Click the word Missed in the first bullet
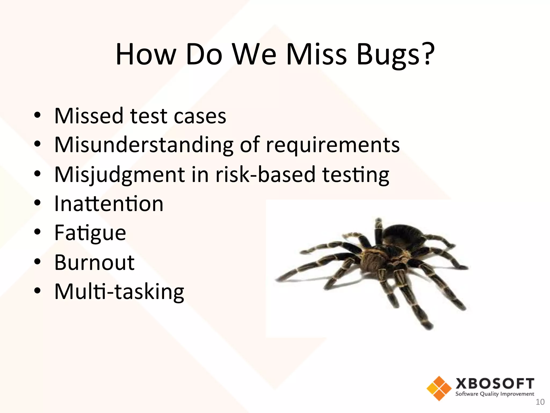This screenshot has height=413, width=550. point(89,116)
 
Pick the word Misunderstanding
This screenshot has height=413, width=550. point(144,145)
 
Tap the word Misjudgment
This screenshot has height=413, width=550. point(120,175)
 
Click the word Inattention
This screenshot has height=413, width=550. point(109,204)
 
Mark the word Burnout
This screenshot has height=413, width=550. point(94,262)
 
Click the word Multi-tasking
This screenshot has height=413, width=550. point(119,292)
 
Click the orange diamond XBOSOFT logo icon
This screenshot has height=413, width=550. point(439,388)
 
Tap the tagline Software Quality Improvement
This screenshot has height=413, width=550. point(495,394)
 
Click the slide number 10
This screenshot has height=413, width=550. point(540,402)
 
